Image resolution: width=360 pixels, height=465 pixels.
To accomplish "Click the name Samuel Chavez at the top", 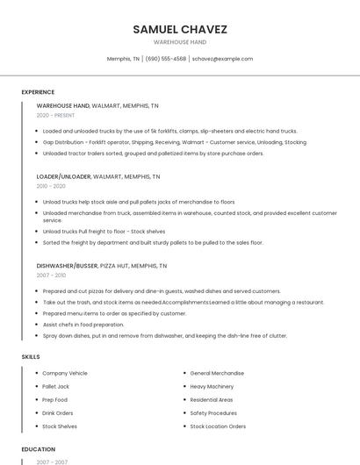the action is click(x=180, y=29).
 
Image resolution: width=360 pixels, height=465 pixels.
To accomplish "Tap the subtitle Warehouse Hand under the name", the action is click(x=180, y=42).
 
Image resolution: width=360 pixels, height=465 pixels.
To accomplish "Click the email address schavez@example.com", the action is click(x=222, y=59).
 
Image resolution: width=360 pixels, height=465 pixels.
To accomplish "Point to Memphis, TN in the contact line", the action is click(x=123, y=59).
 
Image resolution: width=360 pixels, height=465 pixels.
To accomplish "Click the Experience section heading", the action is click(x=38, y=92).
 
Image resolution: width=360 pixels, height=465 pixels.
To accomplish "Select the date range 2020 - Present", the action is click(x=55, y=115).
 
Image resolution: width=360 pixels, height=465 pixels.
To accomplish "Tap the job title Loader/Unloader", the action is click(x=63, y=176).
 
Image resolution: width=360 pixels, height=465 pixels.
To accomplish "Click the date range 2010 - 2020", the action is click(x=51, y=186).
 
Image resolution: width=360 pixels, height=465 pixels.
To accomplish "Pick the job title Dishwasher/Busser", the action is click(x=67, y=265).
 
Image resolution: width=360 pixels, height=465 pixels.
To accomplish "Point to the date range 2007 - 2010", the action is click(x=51, y=275).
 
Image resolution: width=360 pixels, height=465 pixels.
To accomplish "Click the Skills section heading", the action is click(x=30, y=357).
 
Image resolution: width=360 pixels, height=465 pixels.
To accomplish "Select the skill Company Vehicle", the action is click(x=65, y=373).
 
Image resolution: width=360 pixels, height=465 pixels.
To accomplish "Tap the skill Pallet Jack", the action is click(x=55, y=386).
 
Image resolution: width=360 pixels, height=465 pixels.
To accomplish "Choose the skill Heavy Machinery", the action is click(x=212, y=386).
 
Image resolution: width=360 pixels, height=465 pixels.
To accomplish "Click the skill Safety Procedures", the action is click(x=213, y=412).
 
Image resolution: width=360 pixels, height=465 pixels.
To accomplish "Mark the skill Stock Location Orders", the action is click(x=218, y=426).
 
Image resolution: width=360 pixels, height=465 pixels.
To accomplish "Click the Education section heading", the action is click(x=38, y=449).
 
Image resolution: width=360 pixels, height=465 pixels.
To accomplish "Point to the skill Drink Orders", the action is click(x=58, y=412).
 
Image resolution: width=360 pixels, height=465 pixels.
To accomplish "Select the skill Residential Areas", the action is click(x=212, y=399).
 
